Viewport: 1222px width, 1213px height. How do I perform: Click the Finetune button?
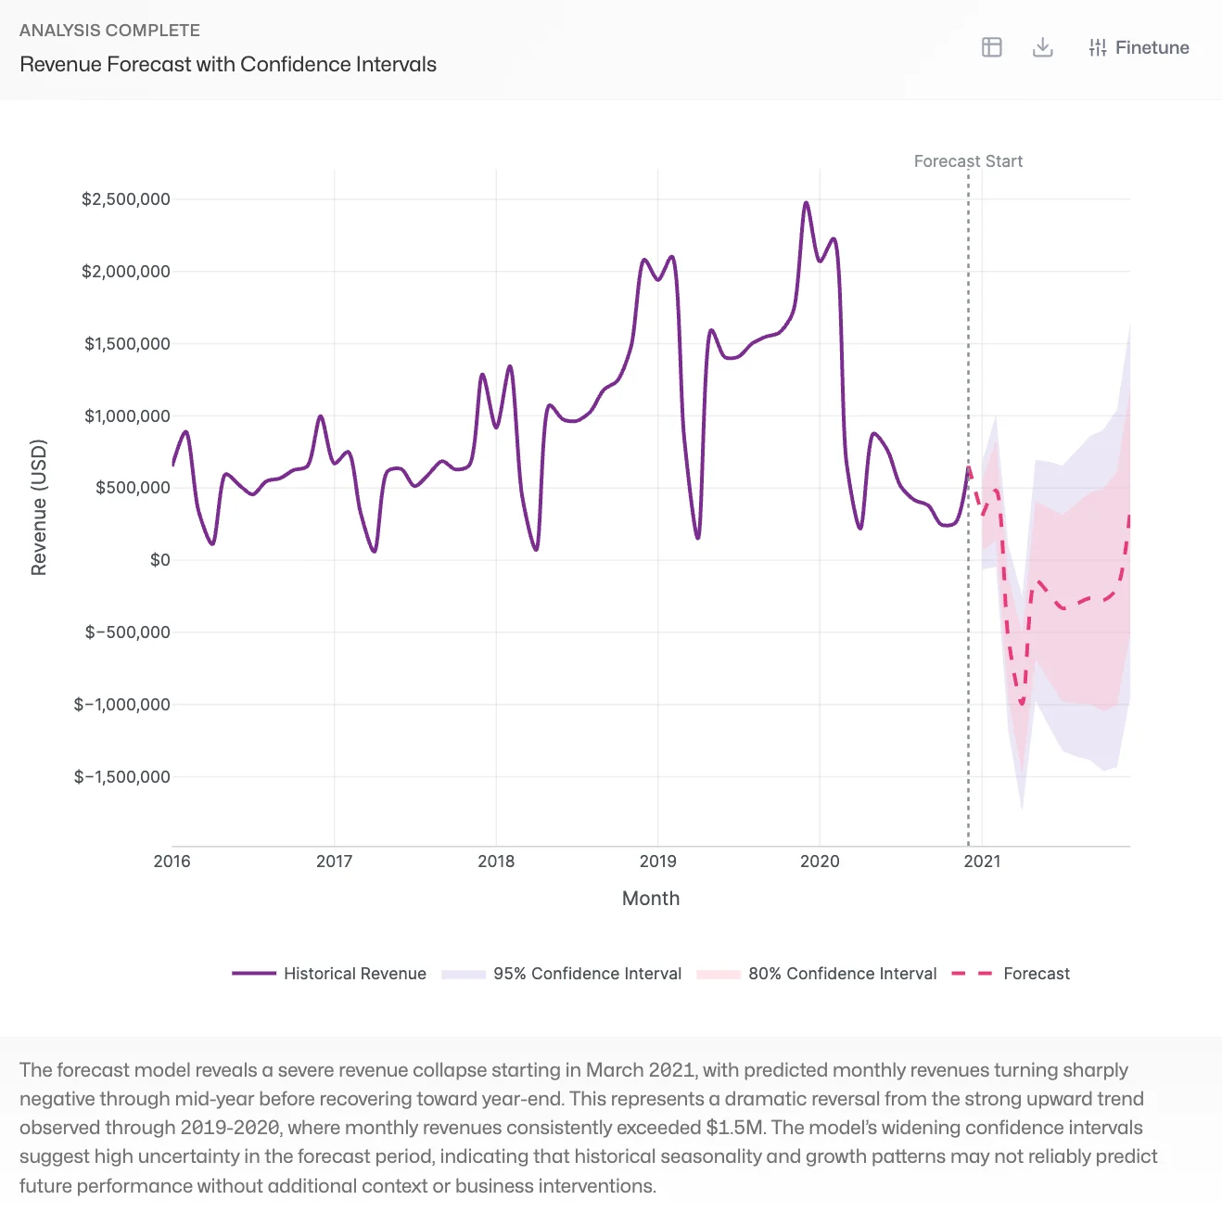1139,47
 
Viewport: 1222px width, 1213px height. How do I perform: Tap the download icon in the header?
1043,47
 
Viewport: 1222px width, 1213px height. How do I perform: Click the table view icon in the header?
992,47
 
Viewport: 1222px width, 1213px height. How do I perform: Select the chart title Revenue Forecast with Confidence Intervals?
228,64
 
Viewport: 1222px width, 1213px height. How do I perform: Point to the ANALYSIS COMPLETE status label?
109,31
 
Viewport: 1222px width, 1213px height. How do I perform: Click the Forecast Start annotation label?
968,161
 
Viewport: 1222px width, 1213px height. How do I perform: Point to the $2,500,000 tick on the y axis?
126,199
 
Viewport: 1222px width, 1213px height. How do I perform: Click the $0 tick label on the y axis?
160,560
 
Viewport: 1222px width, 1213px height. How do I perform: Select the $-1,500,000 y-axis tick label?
122,777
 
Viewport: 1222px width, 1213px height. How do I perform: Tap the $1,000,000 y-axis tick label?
127,416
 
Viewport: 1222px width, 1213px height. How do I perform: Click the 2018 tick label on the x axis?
496,862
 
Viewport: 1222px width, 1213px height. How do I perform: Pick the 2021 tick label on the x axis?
982,862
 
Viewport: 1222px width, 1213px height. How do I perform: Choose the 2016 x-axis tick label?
172,862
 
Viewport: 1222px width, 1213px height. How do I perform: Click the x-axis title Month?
651,899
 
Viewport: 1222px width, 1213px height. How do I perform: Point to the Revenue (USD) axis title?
38,507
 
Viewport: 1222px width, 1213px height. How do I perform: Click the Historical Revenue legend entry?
329,974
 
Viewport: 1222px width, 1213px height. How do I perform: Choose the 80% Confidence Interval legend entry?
817,974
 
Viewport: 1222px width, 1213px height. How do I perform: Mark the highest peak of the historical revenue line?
806,203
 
